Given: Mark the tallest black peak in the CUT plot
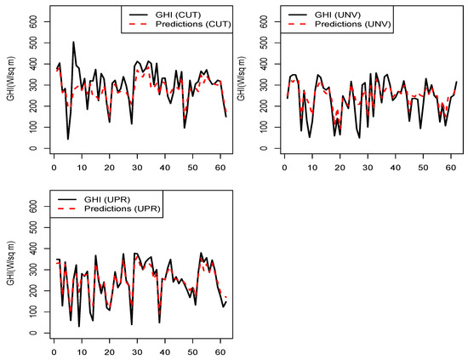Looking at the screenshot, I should click(73, 42).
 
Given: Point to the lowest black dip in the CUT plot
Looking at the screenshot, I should click(68, 139).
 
